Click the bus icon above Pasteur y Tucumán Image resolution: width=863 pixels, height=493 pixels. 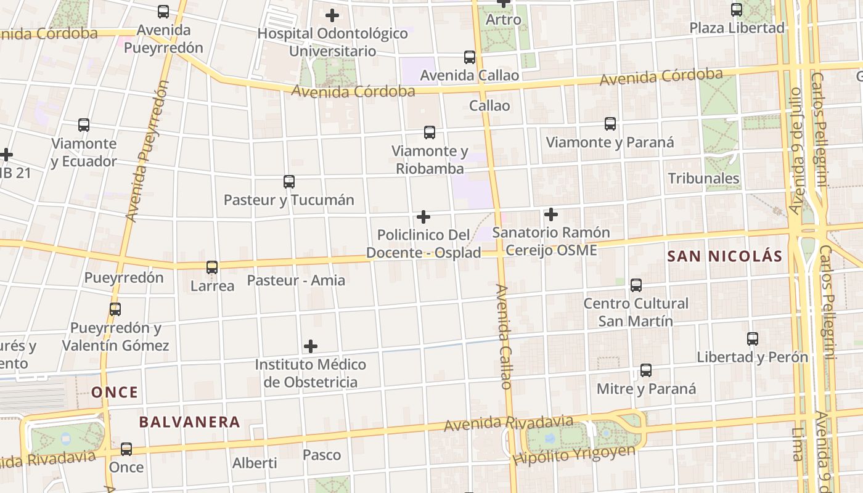pyautogui.click(x=289, y=182)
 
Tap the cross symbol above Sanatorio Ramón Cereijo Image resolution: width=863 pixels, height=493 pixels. pyautogui.click(x=551, y=214)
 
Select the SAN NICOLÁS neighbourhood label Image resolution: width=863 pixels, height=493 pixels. pyautogui.click(x=725, y=256)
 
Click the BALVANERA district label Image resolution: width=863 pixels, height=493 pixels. pyautogui.click(x=189, y=422)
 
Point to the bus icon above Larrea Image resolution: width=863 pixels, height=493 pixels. pyautogui.click(x=212, y=267)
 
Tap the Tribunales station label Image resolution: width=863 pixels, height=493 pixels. pyautogui.click(x=703, y=179)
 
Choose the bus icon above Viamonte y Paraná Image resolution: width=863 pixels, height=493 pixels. pyautogui.click(x=610, y=124)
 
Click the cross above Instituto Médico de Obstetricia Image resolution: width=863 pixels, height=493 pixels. pyautogui.click(x=311, y=346)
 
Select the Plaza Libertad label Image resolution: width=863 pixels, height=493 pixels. pyautogui.click(x=737, y=28)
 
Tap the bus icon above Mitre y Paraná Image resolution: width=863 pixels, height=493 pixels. pyautogui.click(x=646, y=370)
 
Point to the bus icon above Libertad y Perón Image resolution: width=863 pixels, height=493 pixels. pyautogui.click(x=753, y=338)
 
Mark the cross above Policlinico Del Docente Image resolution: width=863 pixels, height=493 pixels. pyautogui.click(x=423, y=217)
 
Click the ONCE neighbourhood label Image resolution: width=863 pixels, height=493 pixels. pyautogui.click(x=115, y=393)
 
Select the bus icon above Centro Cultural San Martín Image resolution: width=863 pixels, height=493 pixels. pyautogui.click(x=636, y=285)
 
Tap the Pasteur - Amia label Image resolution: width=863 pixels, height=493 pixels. pyautogui.click(x=296, y=280)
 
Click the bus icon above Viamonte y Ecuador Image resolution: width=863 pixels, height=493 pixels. pyautogui.click(x=84, y=125)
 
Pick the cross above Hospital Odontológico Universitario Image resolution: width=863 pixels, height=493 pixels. pyautogui.click(x=332, y=15)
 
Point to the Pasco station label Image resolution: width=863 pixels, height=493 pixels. pyautogui.click(x=322, y=455)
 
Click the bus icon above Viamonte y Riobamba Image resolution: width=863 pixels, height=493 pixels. pyautogui.click(x=430, y=132)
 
